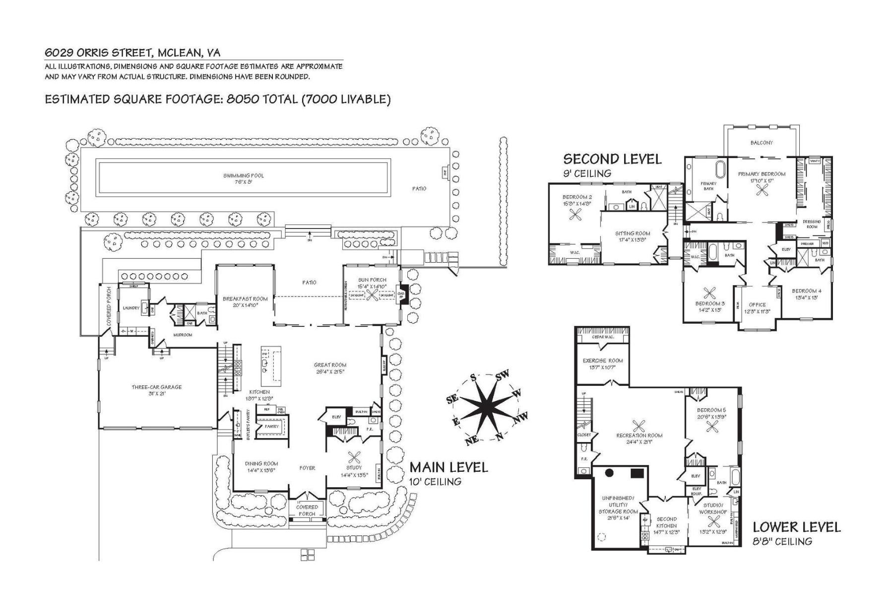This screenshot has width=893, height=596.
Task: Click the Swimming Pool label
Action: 244,175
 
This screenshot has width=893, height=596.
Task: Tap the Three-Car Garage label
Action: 156,387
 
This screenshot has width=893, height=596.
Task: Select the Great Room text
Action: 330,365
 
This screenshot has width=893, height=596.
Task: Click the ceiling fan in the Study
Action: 354,457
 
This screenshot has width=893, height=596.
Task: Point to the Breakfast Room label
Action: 245,299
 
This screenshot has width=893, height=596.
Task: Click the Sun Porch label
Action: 372,280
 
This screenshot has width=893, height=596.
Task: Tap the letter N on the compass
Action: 500,437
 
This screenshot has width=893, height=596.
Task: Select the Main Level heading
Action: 448,467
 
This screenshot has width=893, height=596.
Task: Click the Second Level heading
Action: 612,159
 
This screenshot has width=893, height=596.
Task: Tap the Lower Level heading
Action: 796,527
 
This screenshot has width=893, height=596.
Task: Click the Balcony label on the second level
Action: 762,143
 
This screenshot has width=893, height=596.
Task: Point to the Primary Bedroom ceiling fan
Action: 762,189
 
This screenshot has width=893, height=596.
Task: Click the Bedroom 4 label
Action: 806,291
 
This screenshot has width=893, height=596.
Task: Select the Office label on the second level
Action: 757,305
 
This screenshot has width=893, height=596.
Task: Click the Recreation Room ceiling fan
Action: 639,426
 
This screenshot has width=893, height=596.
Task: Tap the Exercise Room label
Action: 603,361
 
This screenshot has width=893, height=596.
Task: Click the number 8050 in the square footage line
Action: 243,99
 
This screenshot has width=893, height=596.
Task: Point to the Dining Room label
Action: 261,464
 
